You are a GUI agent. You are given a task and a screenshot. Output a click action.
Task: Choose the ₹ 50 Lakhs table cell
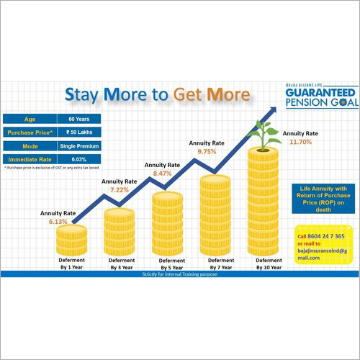click(83, 133)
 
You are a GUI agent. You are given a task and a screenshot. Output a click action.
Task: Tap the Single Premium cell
click(83, 146)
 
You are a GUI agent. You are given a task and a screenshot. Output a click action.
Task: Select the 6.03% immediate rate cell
click(83, 159)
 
